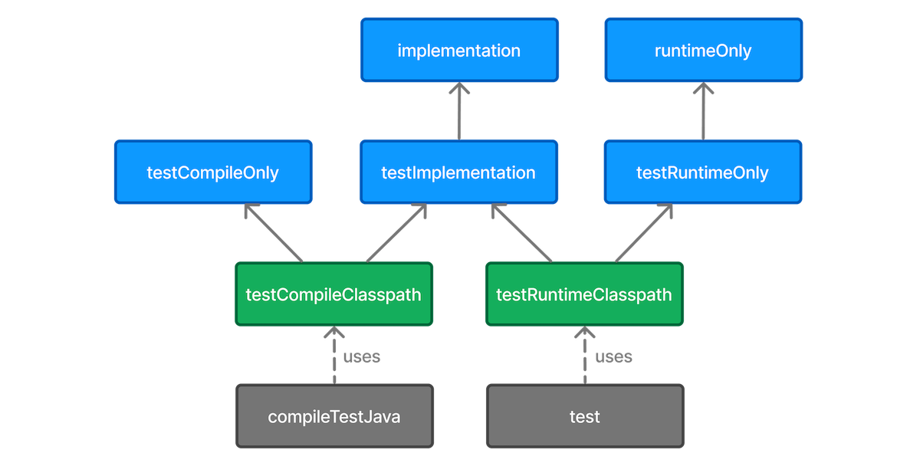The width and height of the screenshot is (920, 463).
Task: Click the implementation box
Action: point(458,51)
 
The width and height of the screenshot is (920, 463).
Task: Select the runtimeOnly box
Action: point(703,51)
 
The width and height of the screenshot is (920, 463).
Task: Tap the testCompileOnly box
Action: point(212,172)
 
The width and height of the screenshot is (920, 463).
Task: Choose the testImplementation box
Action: point(458,172)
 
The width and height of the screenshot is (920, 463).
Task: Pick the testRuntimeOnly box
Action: point(703,172)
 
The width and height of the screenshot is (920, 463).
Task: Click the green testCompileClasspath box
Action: point(333,294)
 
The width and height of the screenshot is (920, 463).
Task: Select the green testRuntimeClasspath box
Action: point(584,294)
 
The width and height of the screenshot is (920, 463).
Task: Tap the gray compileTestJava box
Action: point(334,417)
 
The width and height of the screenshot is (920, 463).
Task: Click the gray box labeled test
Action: point(584,417)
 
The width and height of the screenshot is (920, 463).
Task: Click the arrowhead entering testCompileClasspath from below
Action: point(333,333)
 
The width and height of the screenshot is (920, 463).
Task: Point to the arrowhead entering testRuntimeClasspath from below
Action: point(584,333)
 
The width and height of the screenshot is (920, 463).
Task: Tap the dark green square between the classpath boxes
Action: point(458,294)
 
